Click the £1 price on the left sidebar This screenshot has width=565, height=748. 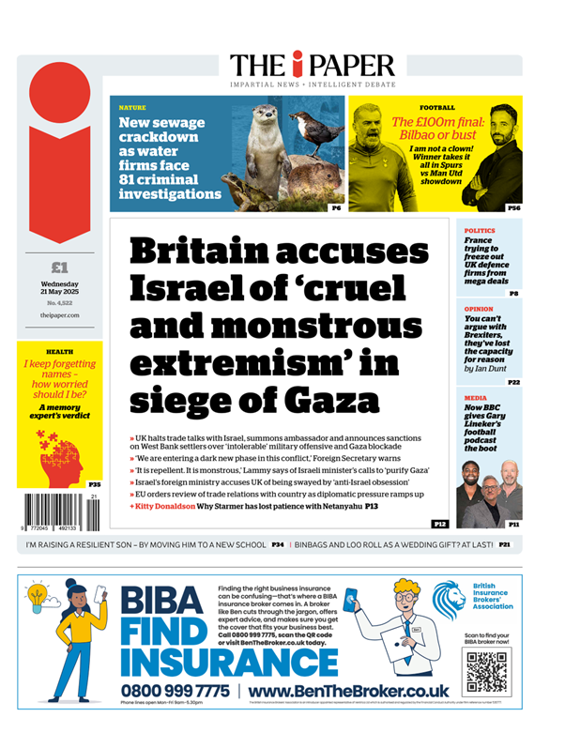(x=58, y=267)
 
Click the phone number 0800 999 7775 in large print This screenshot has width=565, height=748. (x=176, y=691)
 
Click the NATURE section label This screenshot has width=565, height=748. (x=132, y=108)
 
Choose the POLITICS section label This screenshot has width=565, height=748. (x=481, y=229)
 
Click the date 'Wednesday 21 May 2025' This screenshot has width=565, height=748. (x=58, y=287)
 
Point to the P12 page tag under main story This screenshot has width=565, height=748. (x=439, y=522)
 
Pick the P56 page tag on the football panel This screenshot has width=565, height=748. (x=512, y=207)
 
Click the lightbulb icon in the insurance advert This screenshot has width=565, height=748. (x=38, y=596)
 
